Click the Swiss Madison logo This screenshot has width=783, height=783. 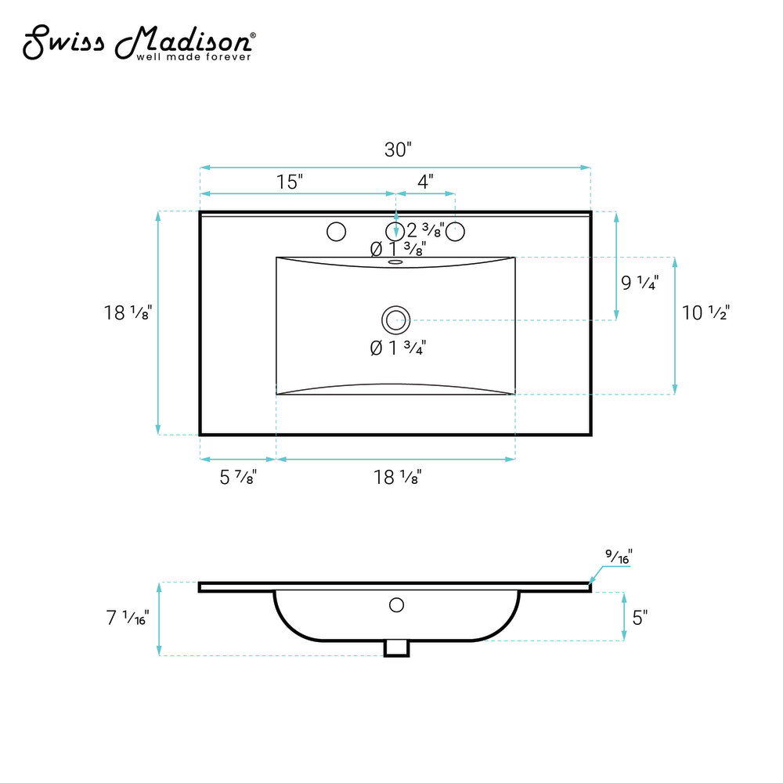tap(139, 42)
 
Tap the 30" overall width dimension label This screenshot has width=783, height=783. tap(398, 150)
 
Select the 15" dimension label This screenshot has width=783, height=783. tap(290, 182)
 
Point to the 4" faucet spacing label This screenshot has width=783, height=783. tap(425, 182)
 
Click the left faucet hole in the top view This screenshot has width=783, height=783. tap(336, 232)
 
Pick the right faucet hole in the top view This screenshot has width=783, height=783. tap(455, 232)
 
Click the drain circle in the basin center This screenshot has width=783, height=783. tap(396, 320)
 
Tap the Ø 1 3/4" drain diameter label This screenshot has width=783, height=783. tap(398, 348)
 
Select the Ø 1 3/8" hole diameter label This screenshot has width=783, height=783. tap(398, 249)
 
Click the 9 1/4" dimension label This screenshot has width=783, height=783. tap(640, 283)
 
